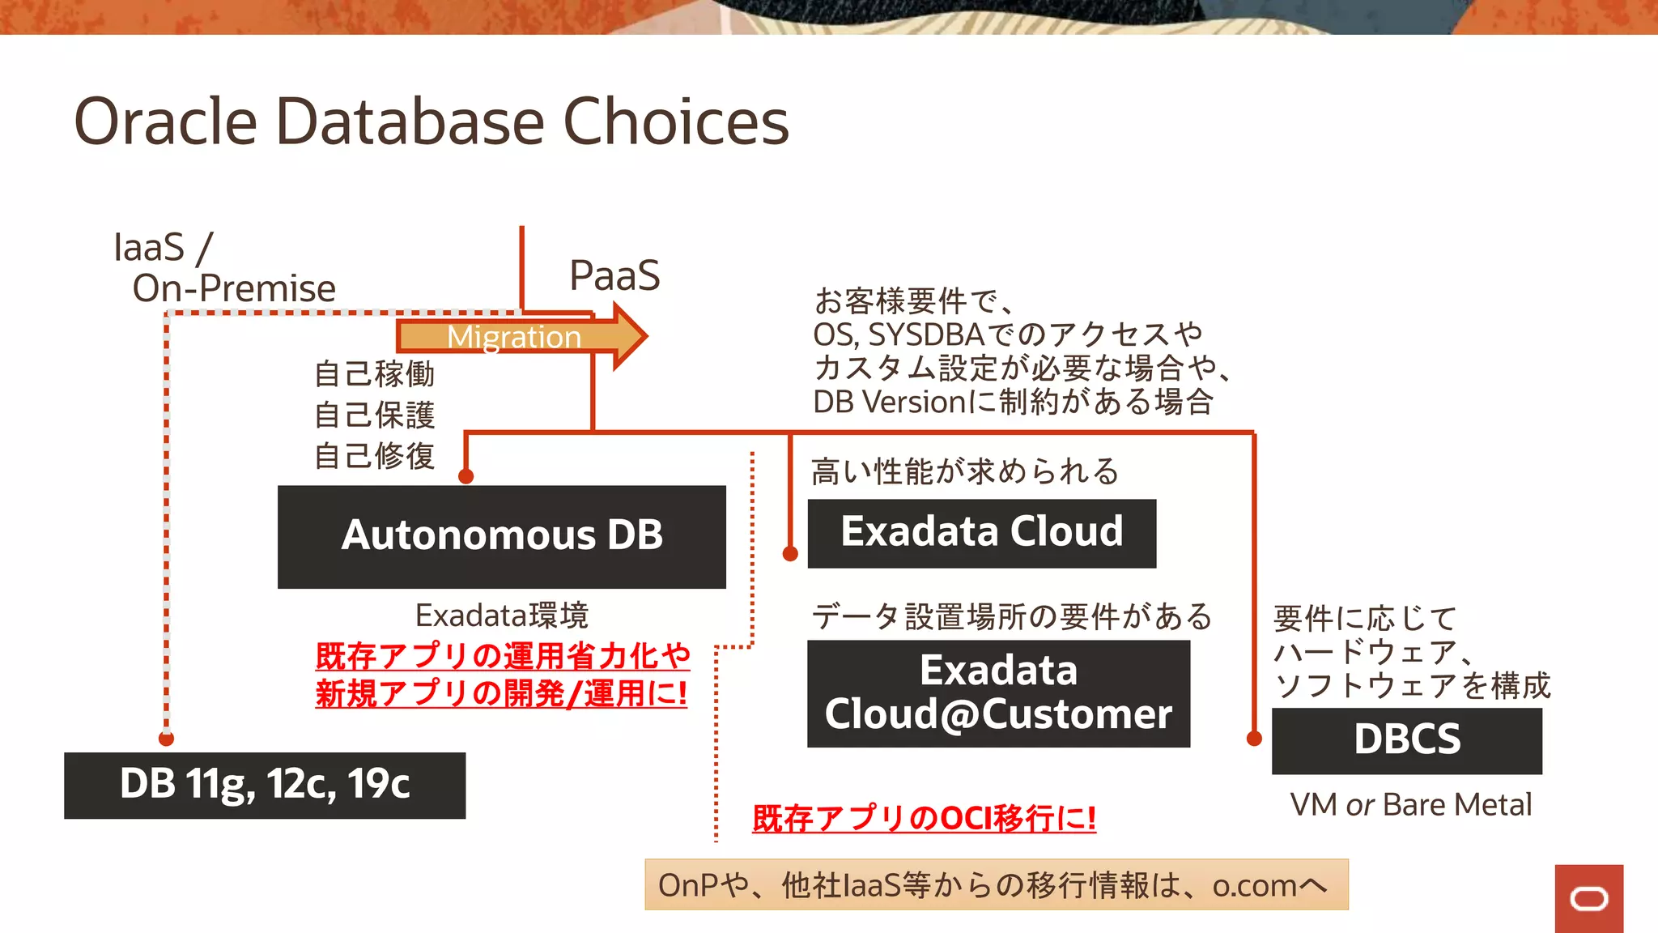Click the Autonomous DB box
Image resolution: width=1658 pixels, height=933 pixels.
501,536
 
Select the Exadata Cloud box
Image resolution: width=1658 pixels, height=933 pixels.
981,533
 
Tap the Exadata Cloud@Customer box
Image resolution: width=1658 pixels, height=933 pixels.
998,693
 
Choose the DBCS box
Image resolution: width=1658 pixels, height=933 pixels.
1406,740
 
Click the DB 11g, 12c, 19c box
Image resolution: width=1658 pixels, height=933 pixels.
265,785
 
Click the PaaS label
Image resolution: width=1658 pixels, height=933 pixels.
614,275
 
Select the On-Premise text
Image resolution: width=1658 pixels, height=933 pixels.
234,288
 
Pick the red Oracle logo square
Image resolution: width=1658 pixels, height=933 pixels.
1588,898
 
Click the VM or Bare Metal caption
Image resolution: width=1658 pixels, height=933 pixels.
1410,804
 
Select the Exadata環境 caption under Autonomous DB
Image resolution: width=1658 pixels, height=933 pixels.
501,616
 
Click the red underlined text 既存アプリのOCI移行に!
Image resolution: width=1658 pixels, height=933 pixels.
924,818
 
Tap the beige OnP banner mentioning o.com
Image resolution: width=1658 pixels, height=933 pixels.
996,884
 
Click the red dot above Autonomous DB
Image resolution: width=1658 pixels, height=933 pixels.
466,476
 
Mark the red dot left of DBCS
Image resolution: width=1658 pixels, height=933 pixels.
1254,738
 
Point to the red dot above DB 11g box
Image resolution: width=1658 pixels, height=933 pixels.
166,738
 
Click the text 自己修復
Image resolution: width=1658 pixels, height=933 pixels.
374,456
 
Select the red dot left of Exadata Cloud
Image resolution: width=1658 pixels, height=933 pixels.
790,554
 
